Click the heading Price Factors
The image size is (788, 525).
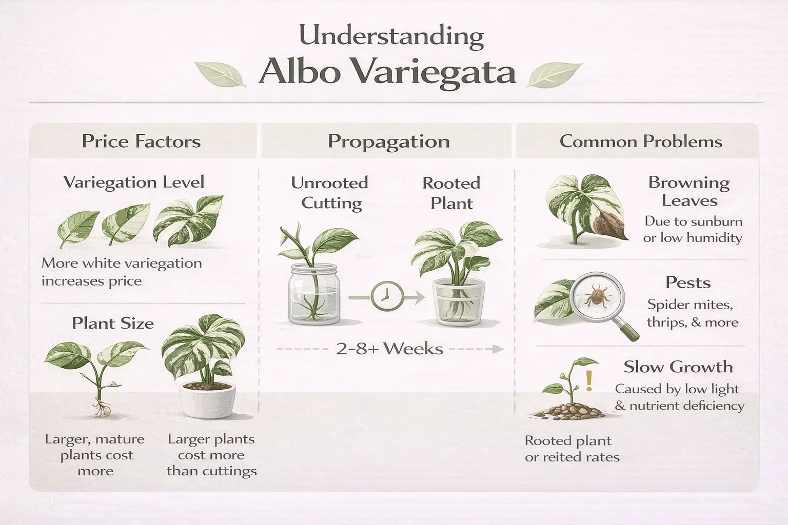click(141, 142)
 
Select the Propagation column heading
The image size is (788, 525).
click(388, 142)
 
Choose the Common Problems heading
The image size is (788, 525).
click(640, 142)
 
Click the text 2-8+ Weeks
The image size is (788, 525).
click(389, 349)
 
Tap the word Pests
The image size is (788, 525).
click(687, 282)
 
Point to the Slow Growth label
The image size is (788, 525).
click(678, 367)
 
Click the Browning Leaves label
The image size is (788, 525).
click(688, 191)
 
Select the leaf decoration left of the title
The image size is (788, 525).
click(221, 74)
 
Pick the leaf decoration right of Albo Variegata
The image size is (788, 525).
click(554, 75)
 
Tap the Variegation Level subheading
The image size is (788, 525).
click(134, 183)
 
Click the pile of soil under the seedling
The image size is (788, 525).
click(564, 410)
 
